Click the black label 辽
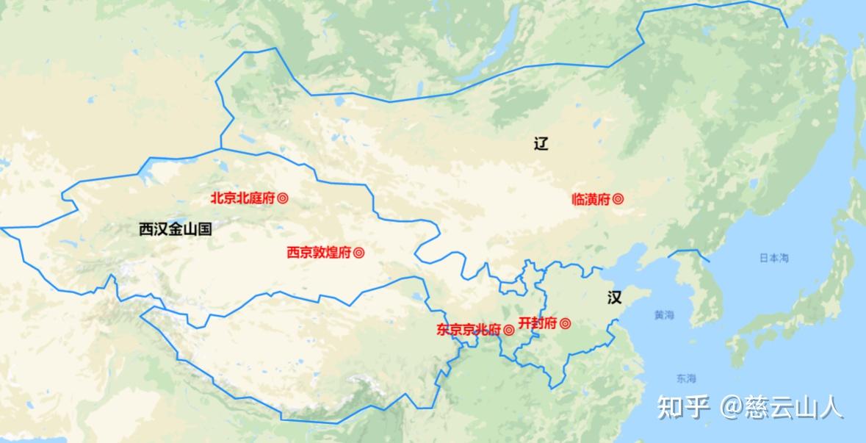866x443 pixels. [x=541, y=144]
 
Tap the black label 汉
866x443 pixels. [x=614, y=298]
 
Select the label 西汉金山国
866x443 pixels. [x=175, y=229]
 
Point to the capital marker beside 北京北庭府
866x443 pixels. [x=283, y=198]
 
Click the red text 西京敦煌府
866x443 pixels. [x=319, y=253]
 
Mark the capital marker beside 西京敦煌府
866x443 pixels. [x=359, y=253]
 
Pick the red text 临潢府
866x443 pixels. [x=591, y=199]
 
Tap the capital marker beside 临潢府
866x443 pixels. [x=618, y=199]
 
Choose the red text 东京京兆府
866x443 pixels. [x=469, y=330]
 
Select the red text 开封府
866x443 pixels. [x=538, y=323]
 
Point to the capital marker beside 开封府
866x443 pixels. [x=565, y=323]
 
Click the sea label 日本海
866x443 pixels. [x=773, y=258]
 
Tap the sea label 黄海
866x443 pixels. [x=663, y=315]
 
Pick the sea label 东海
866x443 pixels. [x=686, y=379]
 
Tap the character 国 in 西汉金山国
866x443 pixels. [x=204, y=229]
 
